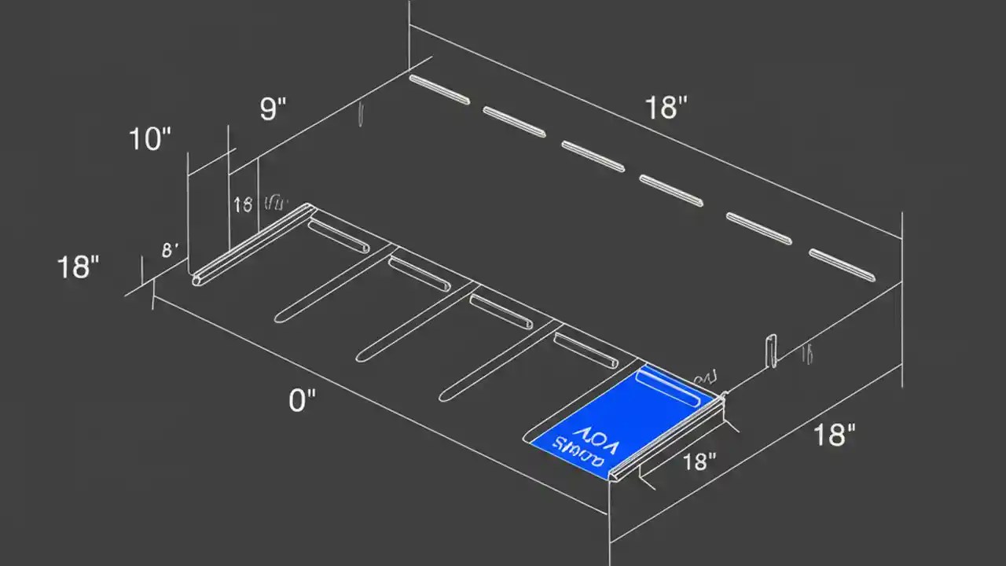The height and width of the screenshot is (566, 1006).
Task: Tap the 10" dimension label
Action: (x=149, y=140)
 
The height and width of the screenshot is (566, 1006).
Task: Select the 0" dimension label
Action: (x=302, y=401)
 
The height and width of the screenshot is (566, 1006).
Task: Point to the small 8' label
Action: (x=170, y=251)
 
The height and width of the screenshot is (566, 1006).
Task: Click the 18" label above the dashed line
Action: (x=666, y=108)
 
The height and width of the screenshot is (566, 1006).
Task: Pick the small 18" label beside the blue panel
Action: (x=696, y=461)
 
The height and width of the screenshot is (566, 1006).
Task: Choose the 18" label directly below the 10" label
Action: (x=79, y=268)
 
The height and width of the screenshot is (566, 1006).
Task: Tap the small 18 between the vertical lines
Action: (x=243, y=205)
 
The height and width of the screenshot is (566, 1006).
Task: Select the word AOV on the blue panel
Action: (x=596, y=437)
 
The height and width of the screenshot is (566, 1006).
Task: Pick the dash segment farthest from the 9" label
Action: (x=842, y=265)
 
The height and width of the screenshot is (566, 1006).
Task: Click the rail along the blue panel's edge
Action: (x=668, y=436)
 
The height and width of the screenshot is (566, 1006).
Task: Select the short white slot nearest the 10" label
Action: (x=339, y=237)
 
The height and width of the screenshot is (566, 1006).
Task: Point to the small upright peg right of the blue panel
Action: (x=771, y=351)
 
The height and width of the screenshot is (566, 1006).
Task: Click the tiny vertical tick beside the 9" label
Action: (x=360, y=115)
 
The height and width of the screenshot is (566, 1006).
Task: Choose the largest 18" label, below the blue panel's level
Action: (x=833, y=434)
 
